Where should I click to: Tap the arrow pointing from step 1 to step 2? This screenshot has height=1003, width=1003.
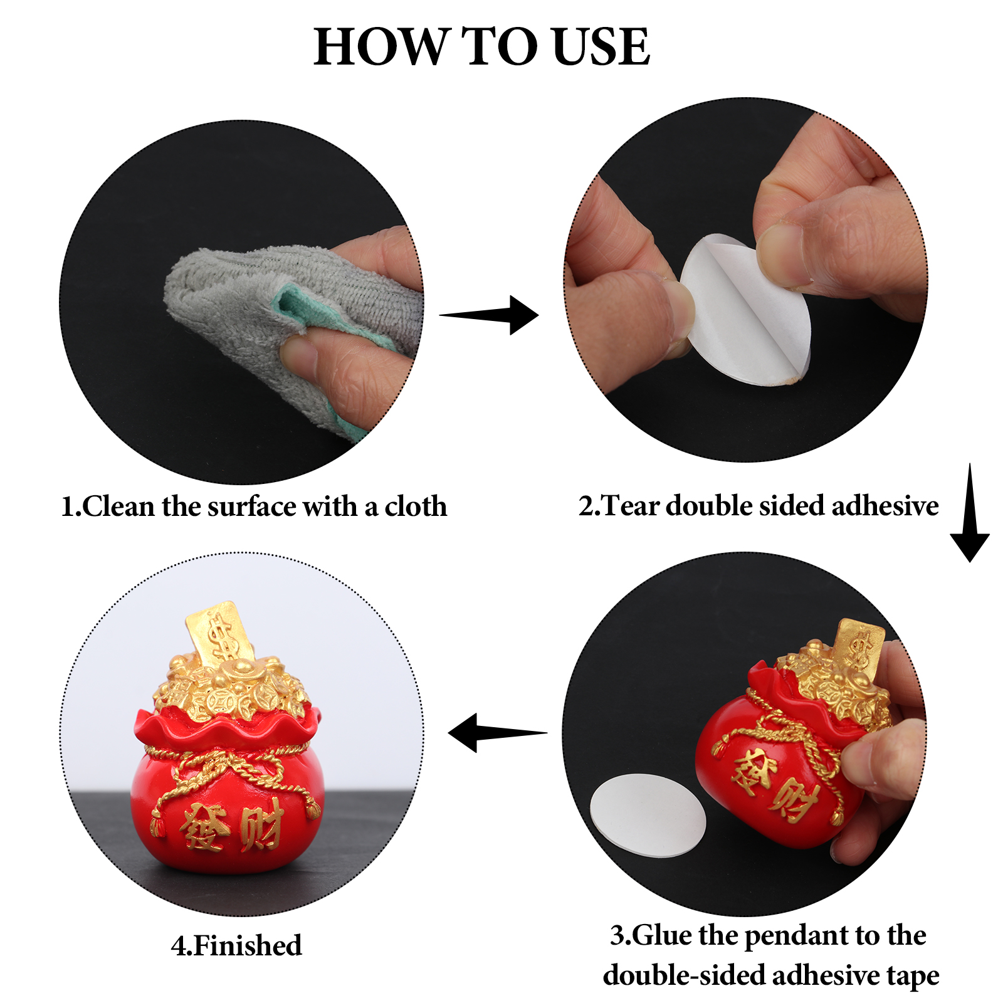[x=489, y=315]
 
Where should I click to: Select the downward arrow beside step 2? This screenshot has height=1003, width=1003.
[x=970, y=513]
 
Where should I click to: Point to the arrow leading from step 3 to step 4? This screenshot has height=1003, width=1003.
[x=498, y=732]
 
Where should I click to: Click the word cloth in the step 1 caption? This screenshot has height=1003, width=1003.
[x=416, y=507]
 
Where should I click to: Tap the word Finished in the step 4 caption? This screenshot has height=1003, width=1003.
[x=248, y=945]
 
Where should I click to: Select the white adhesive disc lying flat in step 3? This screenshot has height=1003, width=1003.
[x=648, y=815]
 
